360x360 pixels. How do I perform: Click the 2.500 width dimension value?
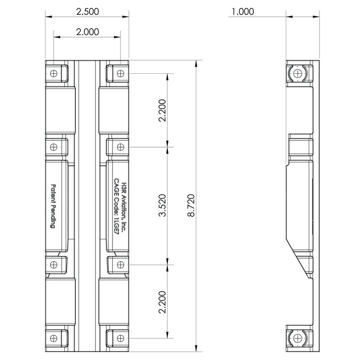click(87, 12)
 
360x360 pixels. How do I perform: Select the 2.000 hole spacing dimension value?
click(87, 31)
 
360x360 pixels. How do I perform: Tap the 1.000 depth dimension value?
click(243, 12)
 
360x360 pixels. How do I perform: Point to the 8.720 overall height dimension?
click(191, 205)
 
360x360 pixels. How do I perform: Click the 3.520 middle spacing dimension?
click(162, 205)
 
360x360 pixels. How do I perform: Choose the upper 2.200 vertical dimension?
click(162, 110)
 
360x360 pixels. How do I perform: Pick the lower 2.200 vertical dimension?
click(162, 302)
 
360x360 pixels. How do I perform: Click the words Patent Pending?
click(53, 206)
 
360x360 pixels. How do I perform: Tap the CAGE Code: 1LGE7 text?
click(117, 207)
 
